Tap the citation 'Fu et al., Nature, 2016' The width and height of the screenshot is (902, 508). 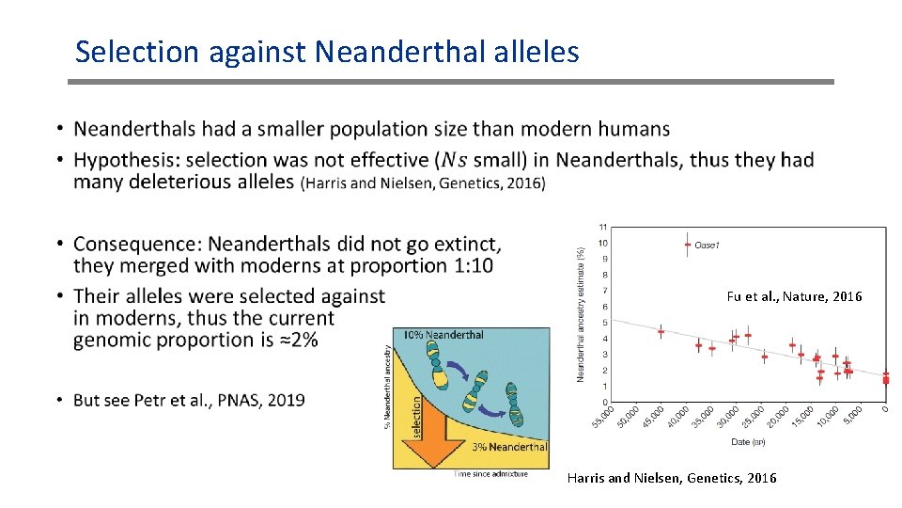[794, 296]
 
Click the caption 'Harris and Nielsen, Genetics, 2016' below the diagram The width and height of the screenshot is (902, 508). [672, 478]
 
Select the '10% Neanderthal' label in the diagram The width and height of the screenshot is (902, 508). [443, 335]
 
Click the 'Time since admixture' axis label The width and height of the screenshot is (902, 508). [491, 474]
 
